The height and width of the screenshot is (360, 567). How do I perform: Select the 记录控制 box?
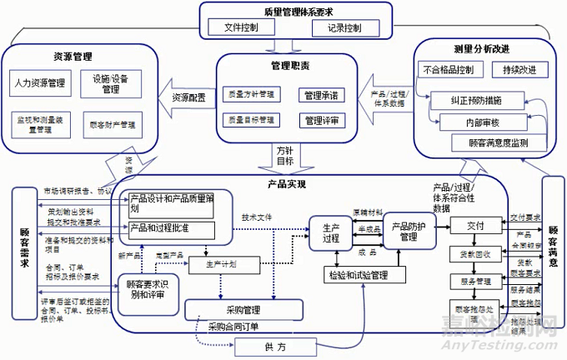(344, 27)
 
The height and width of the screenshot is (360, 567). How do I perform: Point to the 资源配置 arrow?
(189, 97)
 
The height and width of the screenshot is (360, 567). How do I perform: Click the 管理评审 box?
(321, 120)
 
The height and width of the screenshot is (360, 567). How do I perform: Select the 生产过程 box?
(331, 233)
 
